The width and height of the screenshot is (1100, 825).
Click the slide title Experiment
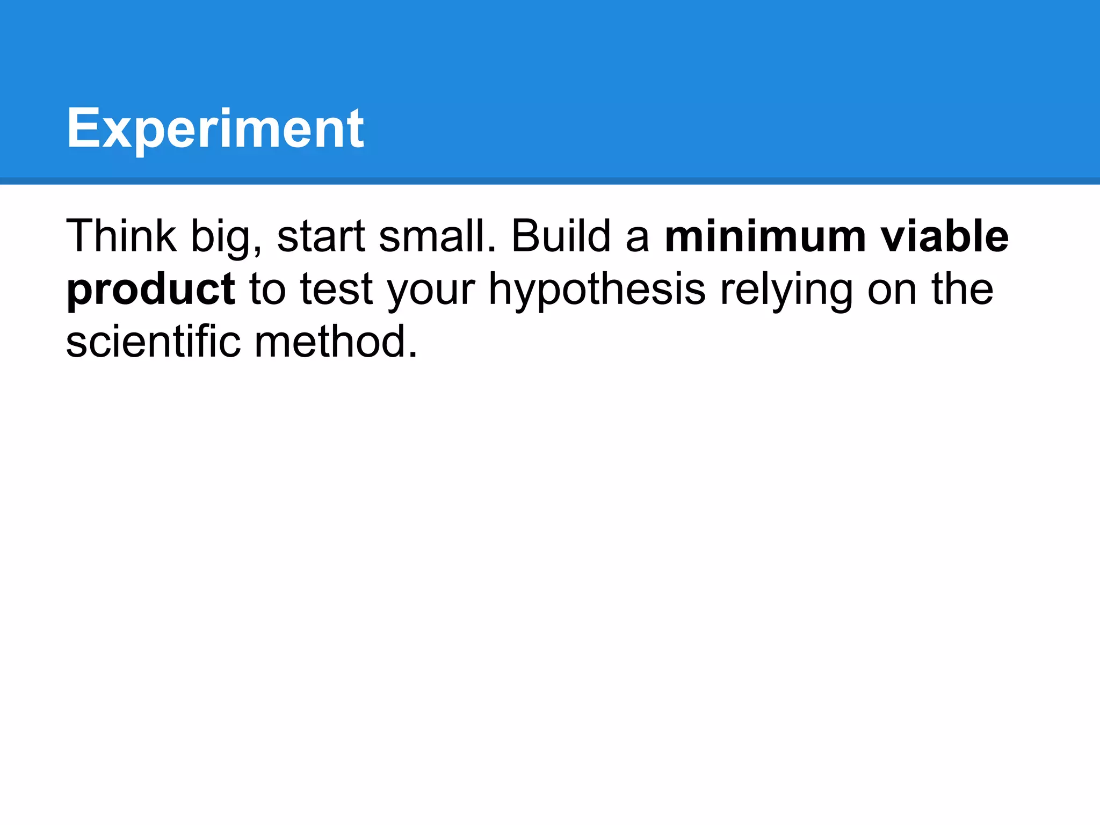pos(215,129)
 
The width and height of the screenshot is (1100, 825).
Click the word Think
pos(121,236)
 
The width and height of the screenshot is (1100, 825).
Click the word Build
pos(561,236)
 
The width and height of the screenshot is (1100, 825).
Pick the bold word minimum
pos(765,236)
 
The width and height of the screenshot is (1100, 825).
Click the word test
pos(336,290)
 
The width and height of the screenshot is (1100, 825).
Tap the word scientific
pos(153,342)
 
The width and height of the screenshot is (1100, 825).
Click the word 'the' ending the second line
pos(962,289)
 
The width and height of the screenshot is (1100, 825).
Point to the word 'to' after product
pos(267,290)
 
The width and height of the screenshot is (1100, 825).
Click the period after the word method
pos(412,355)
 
